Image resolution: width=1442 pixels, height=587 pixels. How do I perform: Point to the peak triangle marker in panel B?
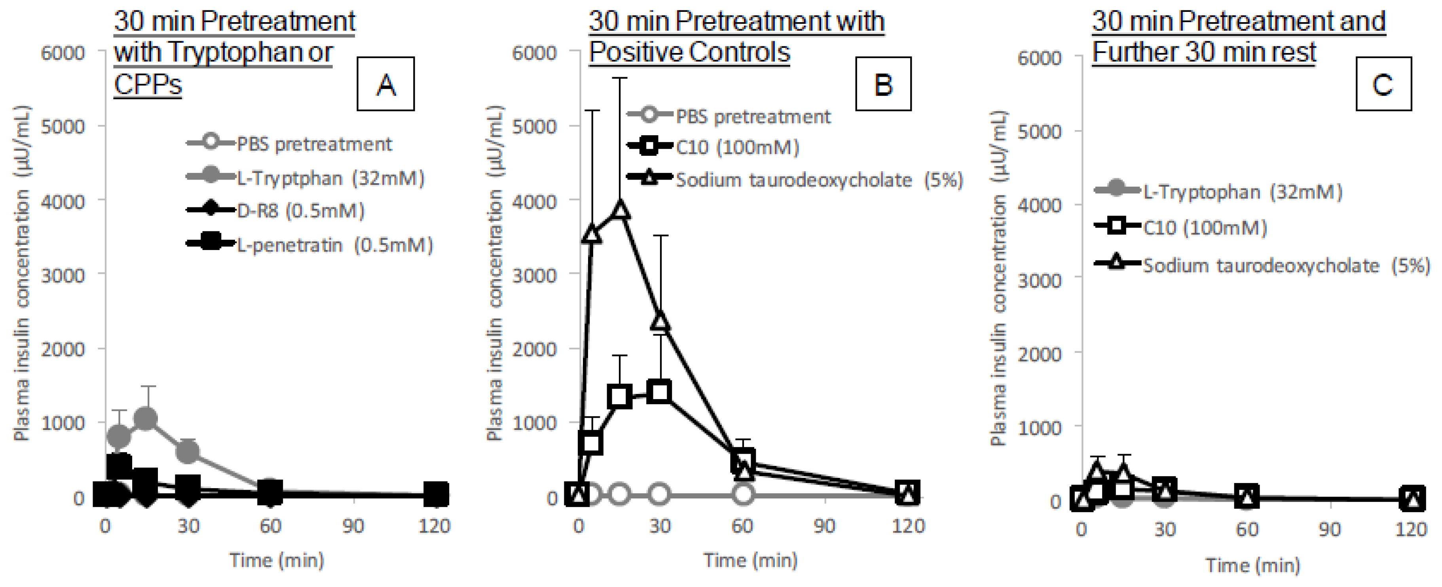[620, 209]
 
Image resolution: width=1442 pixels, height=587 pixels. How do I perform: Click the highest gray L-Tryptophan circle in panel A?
[147, 418]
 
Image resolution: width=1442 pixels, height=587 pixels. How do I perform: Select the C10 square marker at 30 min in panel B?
[660, 392]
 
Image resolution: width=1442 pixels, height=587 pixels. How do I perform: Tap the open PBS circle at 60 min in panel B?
[742, 494]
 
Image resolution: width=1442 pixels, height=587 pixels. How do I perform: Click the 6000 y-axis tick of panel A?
[63, 53]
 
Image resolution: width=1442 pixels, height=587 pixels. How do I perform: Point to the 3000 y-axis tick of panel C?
[1040, 280]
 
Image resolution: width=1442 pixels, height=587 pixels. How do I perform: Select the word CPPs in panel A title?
[148, 85]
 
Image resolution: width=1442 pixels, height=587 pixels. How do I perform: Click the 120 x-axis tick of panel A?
[434, 526]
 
